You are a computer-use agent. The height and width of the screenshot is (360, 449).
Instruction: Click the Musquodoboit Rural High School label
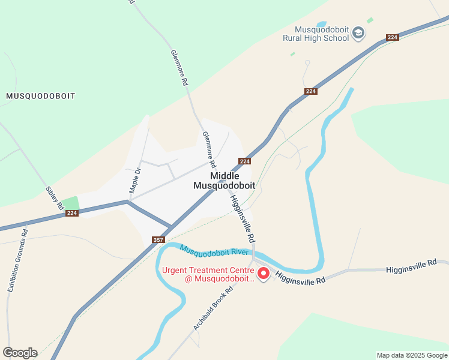click(x=316, y=34)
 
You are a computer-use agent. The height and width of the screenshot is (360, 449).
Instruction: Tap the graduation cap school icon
click(x=358, y=32)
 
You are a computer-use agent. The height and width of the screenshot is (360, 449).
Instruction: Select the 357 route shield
click(x=158, y=239)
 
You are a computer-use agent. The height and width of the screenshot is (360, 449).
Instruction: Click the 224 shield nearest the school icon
click(x=393, y=37)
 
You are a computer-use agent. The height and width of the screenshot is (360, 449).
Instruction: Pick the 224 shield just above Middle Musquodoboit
click(x=244, y=161)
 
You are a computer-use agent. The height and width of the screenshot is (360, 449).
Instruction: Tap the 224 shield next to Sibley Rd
click(x=72, y=213)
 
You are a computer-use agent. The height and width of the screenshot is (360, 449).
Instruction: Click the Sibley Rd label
click(x=55, y=197)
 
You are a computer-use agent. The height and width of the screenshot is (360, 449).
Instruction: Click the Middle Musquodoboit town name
click(x=224, y=181)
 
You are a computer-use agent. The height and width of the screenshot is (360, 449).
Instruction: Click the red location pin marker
click(x=263, y=274)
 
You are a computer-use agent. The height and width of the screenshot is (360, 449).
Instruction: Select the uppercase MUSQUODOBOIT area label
click(x=41, y=96)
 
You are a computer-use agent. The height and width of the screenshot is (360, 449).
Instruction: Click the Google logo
click(x=20, y=353)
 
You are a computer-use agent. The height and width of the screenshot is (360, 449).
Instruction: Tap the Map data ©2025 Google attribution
click(x=412, y=355)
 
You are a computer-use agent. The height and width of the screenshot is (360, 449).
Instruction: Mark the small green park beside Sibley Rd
click(x=70, y=203)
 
